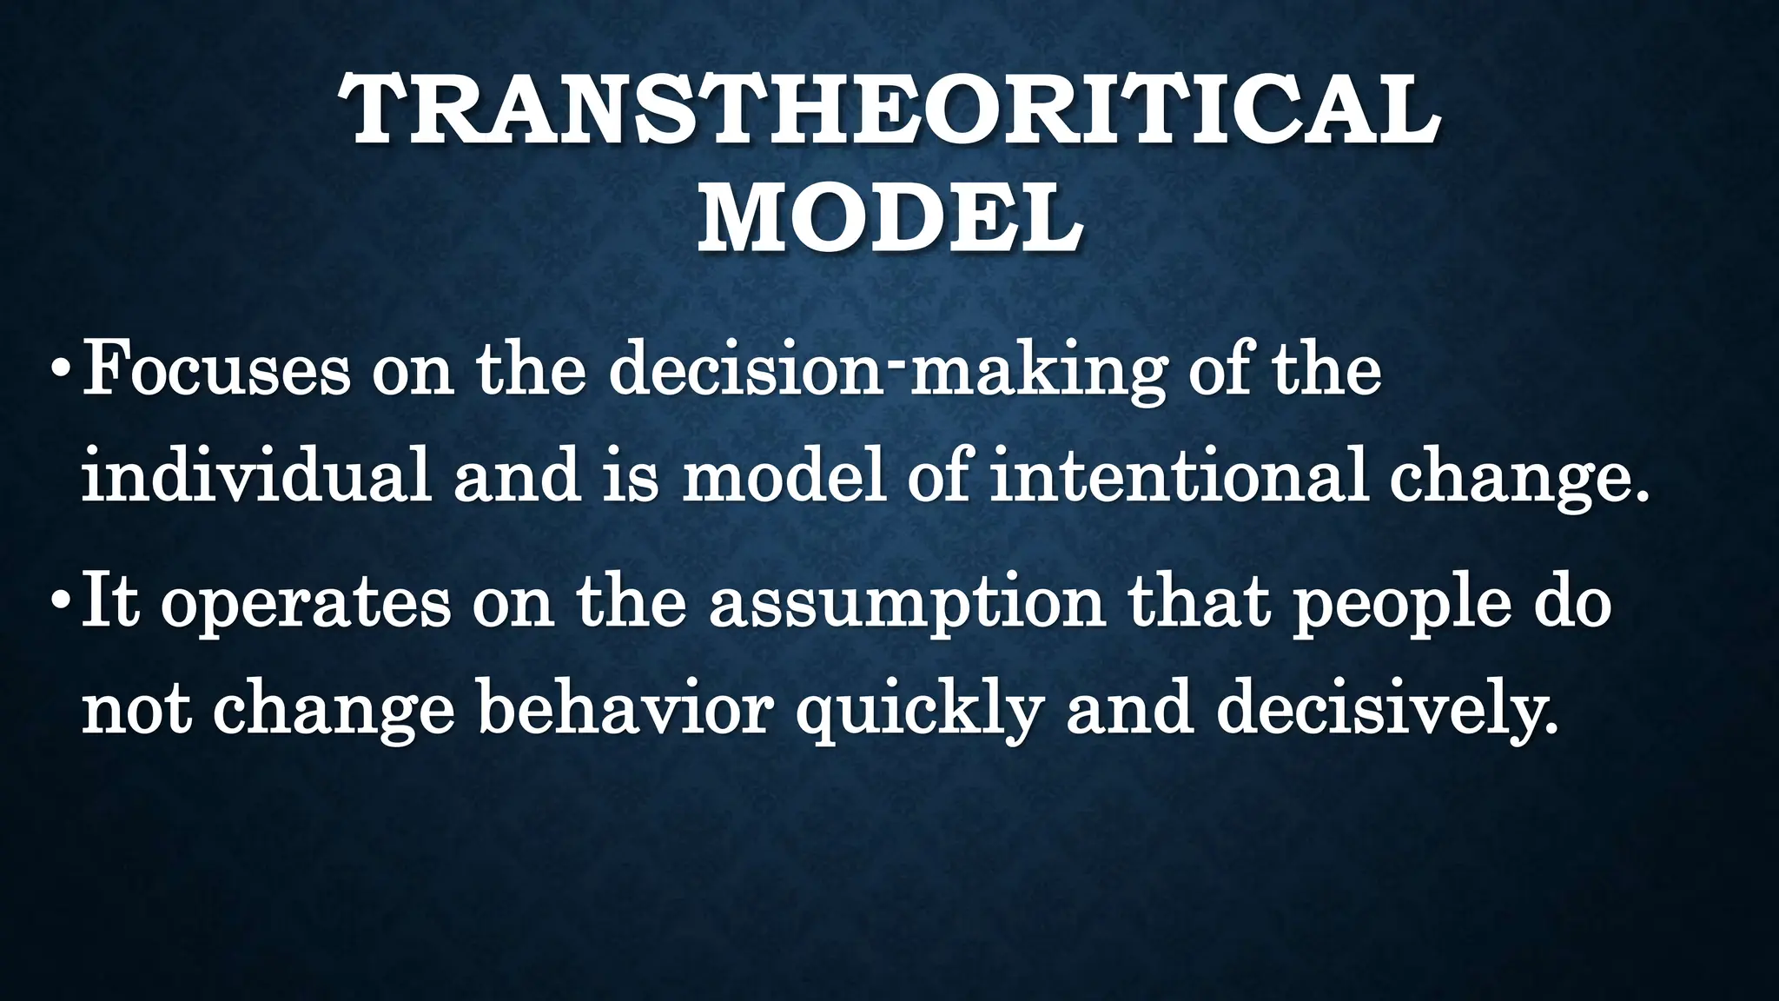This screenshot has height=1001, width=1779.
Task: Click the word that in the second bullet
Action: [1200, 601]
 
